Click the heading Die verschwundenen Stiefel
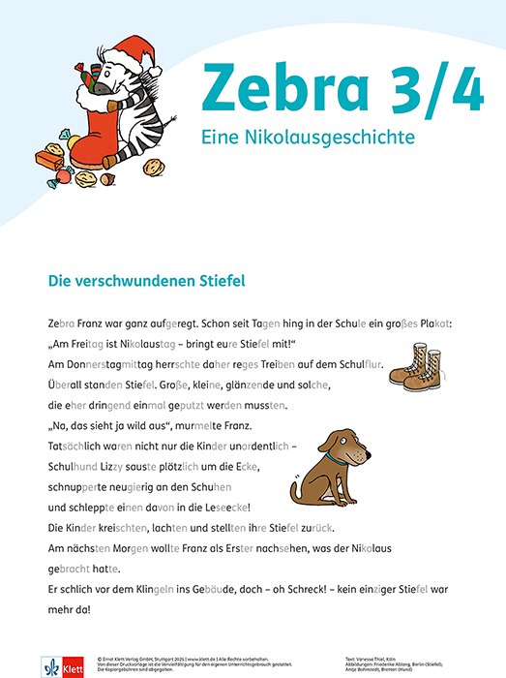pos(146,281)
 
